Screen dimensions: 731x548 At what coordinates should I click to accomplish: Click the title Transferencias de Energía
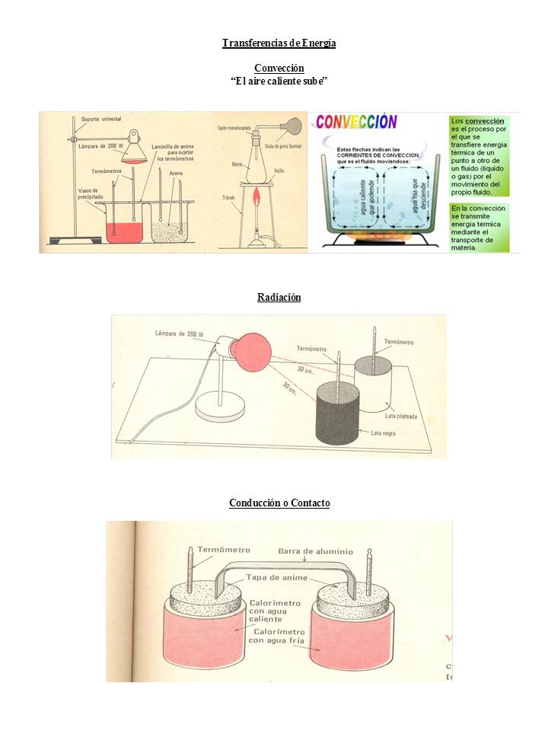click(279, 43)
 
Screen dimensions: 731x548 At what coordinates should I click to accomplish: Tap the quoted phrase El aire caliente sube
click(279, 81)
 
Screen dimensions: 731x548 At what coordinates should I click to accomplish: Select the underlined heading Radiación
click(279, 297)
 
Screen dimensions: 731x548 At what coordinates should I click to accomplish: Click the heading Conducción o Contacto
click(279, 503)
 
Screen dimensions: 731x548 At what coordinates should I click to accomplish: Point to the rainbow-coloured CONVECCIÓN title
click(356, 122)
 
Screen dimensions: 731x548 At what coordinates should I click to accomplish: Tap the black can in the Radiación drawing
click(337, 411)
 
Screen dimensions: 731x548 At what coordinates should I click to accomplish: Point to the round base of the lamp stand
click(218, 407)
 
